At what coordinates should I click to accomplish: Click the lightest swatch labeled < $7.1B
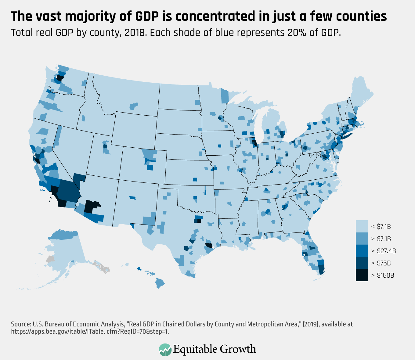[x=362, y=226]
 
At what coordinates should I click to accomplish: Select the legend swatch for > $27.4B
[x=362, y=251]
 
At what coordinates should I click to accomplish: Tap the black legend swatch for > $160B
[x=362, y=275]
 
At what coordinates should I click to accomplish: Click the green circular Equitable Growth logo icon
[x=165, y=349]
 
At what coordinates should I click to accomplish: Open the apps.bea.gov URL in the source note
[x=90, y=331]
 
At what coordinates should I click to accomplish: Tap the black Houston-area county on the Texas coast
[x=209, y=245]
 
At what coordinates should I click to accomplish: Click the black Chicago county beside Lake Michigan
[x=254, y=142]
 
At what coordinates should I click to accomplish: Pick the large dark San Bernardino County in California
[x=69, y=189]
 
